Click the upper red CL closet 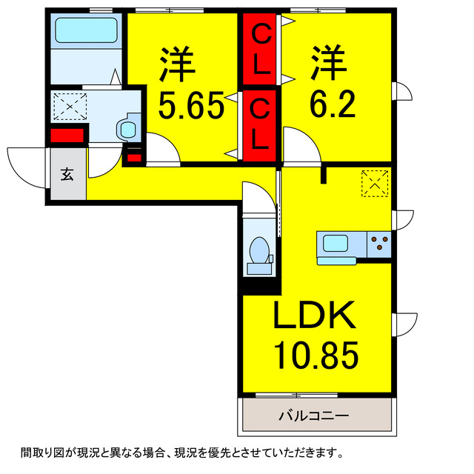coord(259,50)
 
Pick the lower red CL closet coord(259,124)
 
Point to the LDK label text coord(315,318)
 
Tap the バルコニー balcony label coord(313,415)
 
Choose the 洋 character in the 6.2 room coord(329,61)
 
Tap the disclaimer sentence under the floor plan coord(182,452)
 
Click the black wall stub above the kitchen coord(324,175)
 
